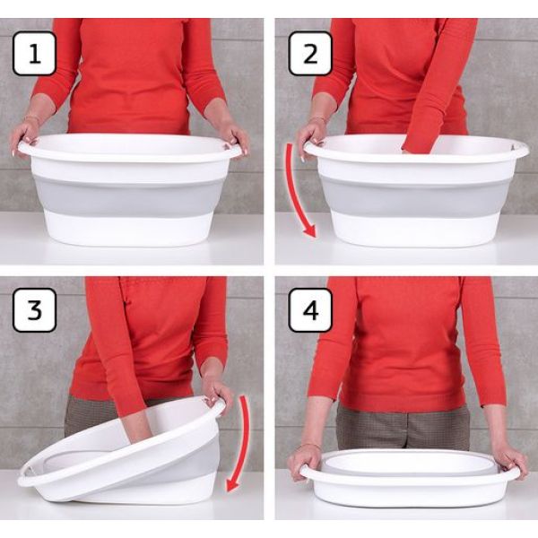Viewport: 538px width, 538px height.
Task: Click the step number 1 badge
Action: (34, 54)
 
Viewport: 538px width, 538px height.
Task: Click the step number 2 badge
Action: (310, 54)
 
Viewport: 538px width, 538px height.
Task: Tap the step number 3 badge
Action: (34, 310)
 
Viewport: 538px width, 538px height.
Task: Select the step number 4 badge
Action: (310, 310)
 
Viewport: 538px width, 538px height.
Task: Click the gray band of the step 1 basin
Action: (128, 196)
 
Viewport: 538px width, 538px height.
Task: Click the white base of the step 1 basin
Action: (128, 228)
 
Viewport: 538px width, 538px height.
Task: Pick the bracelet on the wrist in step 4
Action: (310, 447)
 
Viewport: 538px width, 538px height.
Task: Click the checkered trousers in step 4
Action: (403, 426)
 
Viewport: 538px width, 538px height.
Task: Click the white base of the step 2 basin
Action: (415, 229)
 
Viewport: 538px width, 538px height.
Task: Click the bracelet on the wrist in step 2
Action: (318, 119)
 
